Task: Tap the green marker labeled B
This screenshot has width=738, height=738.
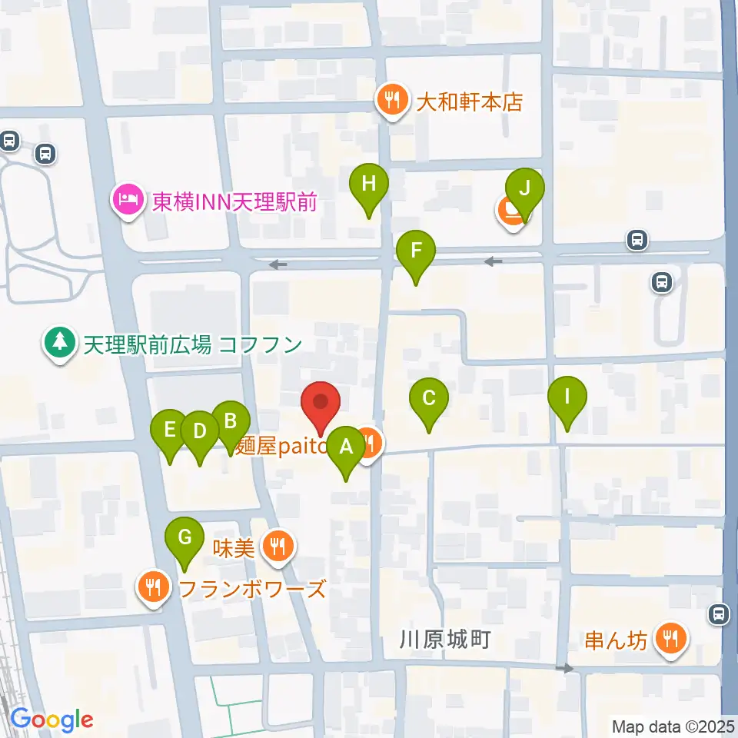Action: click(230, 421)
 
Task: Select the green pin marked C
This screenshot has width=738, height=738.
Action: click(429, 398)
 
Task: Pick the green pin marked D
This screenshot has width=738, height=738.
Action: click(200, 430)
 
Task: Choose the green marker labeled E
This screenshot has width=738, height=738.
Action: click(170, 429)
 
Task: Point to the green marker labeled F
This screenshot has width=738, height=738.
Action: click(416, 251)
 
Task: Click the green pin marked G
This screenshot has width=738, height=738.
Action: click(184, 537)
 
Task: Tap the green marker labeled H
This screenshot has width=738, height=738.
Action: click(369, 184)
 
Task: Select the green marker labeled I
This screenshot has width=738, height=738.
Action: click(567, 397)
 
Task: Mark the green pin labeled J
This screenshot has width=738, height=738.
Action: click(525, 188)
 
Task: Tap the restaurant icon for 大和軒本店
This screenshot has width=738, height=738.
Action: click(392, 100)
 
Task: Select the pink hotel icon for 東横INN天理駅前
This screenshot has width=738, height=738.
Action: click(128, 201)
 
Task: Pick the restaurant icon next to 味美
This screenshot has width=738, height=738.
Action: click(275, 547)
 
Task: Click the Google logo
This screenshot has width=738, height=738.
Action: click(52, 720)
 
